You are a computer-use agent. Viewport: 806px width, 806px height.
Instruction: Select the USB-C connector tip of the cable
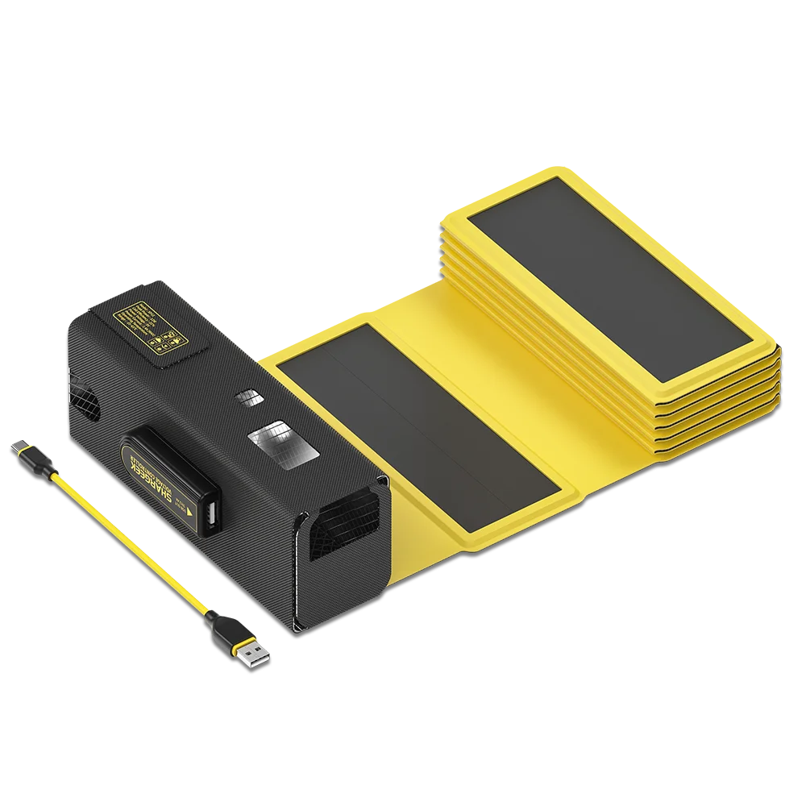click(x=14, y=447)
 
